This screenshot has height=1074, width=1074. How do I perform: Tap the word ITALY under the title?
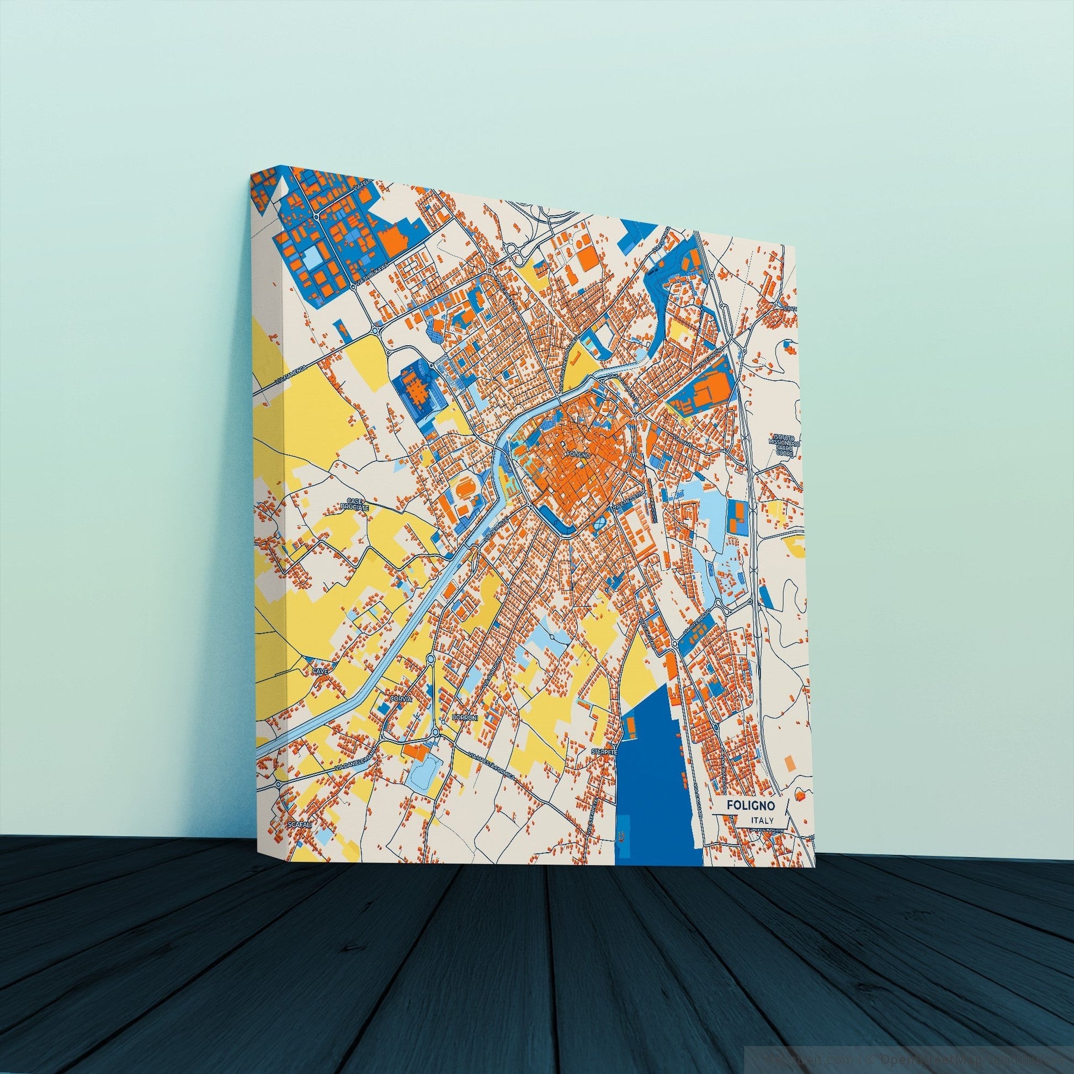761,836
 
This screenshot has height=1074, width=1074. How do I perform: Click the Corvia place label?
401,698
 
